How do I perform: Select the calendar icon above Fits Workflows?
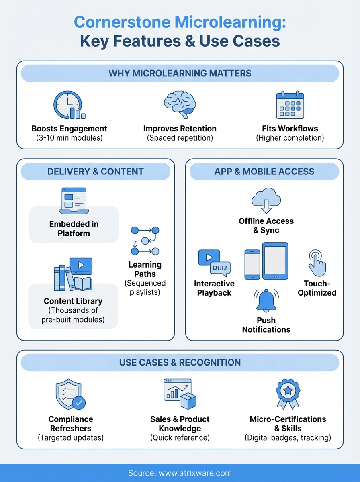pyautogui.click(x=290, y=106)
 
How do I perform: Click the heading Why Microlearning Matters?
pyautogui.click(x=180, y=74)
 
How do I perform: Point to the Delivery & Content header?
pyautogui.click(x=95, y=172)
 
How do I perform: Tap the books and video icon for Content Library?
pyautogui.click(x=74, y=275)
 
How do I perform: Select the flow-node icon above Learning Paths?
pyautogui.click(x=145, y=241)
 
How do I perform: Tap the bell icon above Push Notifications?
pyautogui.click(x=266, y=300)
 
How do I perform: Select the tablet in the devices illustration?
pyautogui.click(x=275, y=261)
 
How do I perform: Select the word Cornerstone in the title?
pyautogui.click(x=126, y=23)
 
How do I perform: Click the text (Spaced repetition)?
pyautogui.click(x=180, y=138)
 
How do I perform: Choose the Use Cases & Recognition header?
pyautogui.click(x=180, y=363)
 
